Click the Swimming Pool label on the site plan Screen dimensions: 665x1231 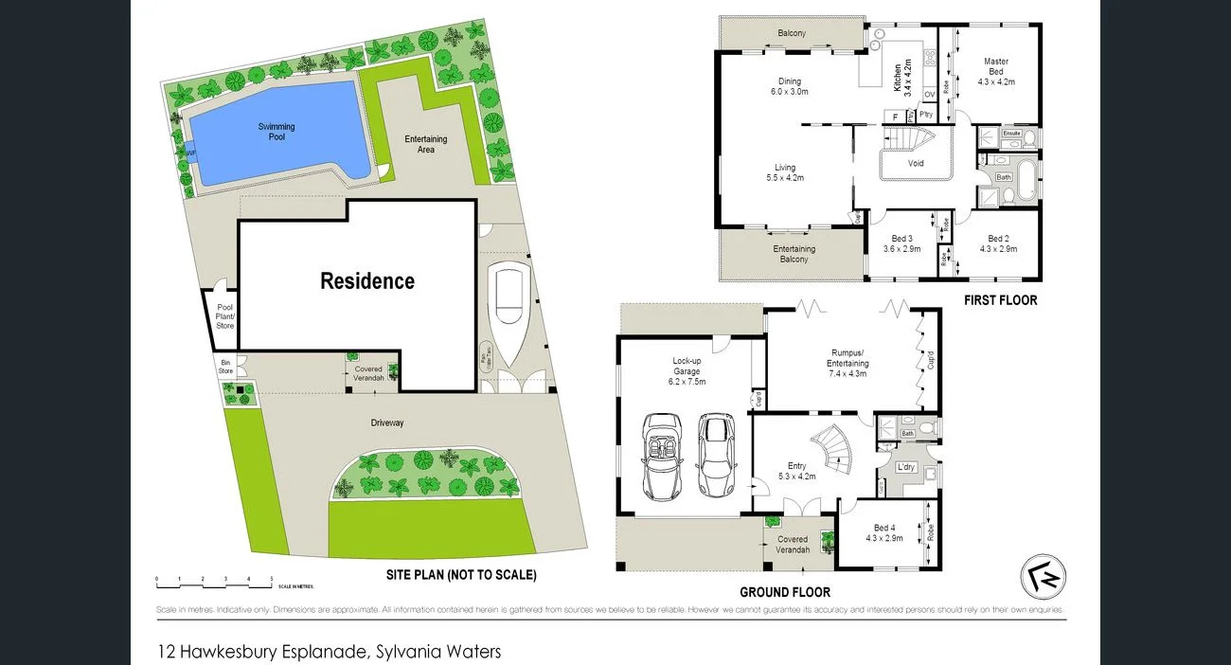(x=277, y=132)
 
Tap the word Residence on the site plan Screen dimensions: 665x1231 (x=367, y=281)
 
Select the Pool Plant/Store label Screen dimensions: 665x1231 (x=224, y=316)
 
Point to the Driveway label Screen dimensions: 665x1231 (x=386, y=422)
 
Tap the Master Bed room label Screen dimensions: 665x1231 (x=995, y=72)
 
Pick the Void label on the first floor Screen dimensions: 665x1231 (x=916, y=163)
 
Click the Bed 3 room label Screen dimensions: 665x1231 (x=902, y=243)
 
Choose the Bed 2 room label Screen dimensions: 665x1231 (x=1002, y=243)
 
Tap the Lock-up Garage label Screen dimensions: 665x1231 (x=688, y=367)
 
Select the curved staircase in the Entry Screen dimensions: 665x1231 (x=832, y=449)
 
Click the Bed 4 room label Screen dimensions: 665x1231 (x=883, y=533)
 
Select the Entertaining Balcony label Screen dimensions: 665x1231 (x=794, y=255)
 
